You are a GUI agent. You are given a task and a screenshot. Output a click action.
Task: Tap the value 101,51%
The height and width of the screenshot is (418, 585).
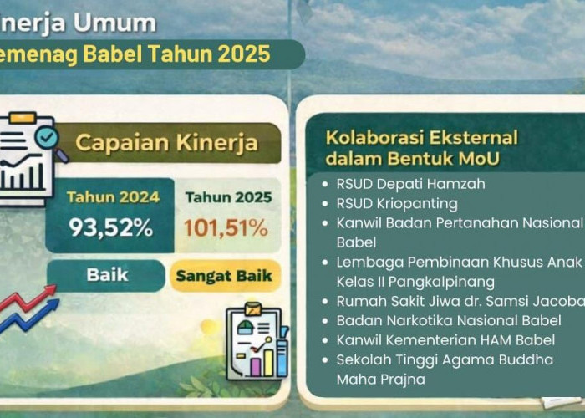click(226, 227)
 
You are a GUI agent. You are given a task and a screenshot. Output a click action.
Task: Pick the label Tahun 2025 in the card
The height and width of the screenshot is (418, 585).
click(228, 198)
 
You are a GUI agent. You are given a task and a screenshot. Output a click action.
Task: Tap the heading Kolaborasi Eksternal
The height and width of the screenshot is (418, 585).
click(421, 136)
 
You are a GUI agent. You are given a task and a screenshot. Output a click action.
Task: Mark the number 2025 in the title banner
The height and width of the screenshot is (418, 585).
click(242, 54)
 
